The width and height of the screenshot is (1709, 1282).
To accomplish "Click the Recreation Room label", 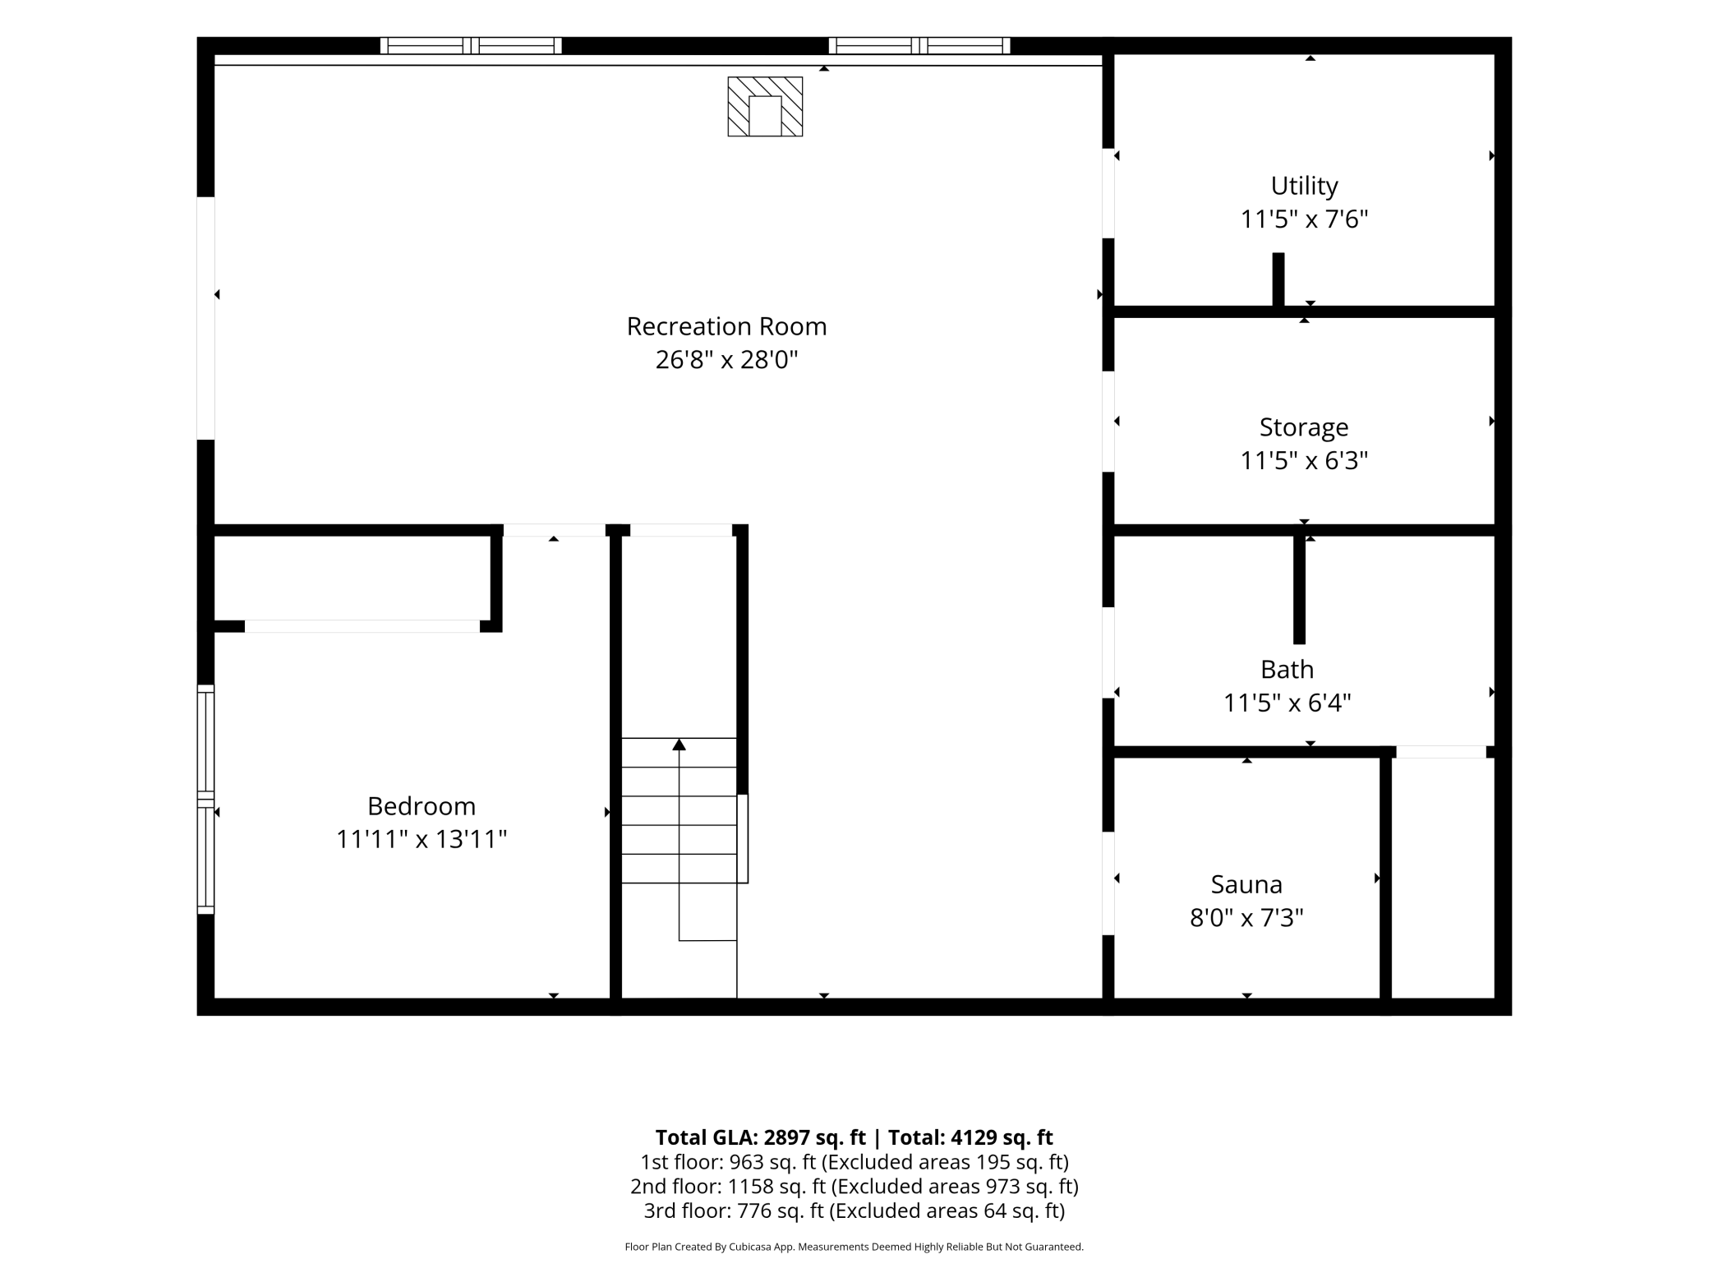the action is (726, 326).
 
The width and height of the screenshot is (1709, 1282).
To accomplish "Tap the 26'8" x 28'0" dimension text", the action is (726, 360).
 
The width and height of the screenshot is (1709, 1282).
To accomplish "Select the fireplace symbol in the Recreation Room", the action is (765, 107).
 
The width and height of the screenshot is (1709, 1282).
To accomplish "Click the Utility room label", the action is (1304, 187).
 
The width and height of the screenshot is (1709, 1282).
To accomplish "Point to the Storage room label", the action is (1304, 428).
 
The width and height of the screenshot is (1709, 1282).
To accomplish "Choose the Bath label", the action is (1287, 670).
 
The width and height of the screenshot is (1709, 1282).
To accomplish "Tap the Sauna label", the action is (1246, 884).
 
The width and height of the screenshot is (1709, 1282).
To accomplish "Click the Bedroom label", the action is (421, 806).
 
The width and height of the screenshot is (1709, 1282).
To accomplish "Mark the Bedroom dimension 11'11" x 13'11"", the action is (421, 839).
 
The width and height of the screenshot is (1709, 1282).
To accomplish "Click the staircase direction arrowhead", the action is (679, 745).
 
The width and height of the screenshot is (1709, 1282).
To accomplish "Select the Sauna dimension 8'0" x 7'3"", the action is (1246, 917).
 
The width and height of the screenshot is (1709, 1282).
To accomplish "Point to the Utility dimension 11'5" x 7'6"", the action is (1304, 219).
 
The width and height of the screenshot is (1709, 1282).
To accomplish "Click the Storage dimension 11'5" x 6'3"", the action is (1304, 460).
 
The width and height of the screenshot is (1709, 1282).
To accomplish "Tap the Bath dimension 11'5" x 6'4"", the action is (1287, 703).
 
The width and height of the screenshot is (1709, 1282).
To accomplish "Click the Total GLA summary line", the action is (854, 1137).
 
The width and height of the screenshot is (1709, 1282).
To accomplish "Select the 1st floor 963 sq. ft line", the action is (854, 1162).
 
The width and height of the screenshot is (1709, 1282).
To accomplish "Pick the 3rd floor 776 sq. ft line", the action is (854, 1211).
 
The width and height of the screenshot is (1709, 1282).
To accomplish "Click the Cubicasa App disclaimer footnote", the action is (854, 1247).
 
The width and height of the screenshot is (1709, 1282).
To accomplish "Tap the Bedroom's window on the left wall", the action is (205, 800).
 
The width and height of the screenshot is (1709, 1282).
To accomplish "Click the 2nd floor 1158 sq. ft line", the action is (854, 1187).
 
